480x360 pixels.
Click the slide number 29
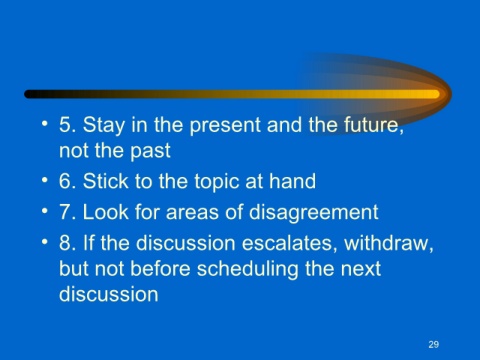coord(434,344)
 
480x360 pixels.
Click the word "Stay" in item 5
coord(103,126)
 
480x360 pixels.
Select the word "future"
coord(373,125)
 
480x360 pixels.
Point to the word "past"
coord(150,152)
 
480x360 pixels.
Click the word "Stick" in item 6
coord(106,181)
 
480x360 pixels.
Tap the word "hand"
coord(292,181)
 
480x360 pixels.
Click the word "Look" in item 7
coord(106,212)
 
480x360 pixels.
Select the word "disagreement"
coord(314,213)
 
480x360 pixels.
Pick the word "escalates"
coord(287,243)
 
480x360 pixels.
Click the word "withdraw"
coord(389,243)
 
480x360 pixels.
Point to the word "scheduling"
coord(248,270)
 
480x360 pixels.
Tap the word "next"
coord(361,269)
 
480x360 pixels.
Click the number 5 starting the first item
coord(65,125)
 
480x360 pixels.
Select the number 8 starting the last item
coord(65,243)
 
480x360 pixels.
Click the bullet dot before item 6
coord(45,180)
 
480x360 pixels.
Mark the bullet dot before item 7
coord(45,211)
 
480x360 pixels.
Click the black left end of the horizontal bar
coord(29,94)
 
